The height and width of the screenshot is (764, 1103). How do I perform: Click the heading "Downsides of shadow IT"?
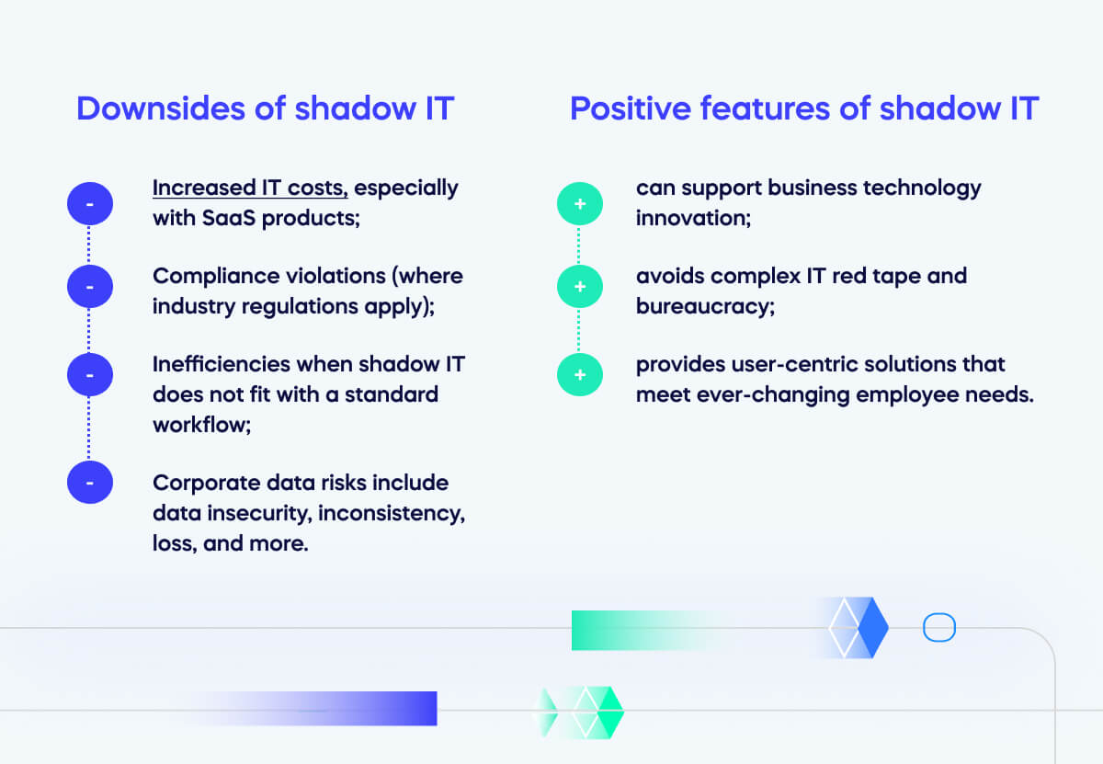(265, 108)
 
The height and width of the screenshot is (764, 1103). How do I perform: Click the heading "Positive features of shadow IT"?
(803, 108)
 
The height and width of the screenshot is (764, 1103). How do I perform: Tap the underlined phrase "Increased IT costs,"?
(250, 188)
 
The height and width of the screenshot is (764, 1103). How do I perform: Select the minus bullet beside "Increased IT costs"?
(90, 203)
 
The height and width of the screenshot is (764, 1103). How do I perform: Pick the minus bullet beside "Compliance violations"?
(90, 287)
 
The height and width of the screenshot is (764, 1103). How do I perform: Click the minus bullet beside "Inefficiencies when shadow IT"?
(90, 374)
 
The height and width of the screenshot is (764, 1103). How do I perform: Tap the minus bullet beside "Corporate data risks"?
(90, 482)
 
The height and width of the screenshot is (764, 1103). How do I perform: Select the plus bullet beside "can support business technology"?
(580, 203)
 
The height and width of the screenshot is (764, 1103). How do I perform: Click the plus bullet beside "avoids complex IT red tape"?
(580, 287)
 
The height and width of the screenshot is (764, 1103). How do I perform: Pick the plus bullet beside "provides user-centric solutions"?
(580, 374)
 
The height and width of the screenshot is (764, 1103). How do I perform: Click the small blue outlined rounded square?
(939, 628)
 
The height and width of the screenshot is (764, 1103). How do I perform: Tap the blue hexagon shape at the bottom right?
(859, 628)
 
